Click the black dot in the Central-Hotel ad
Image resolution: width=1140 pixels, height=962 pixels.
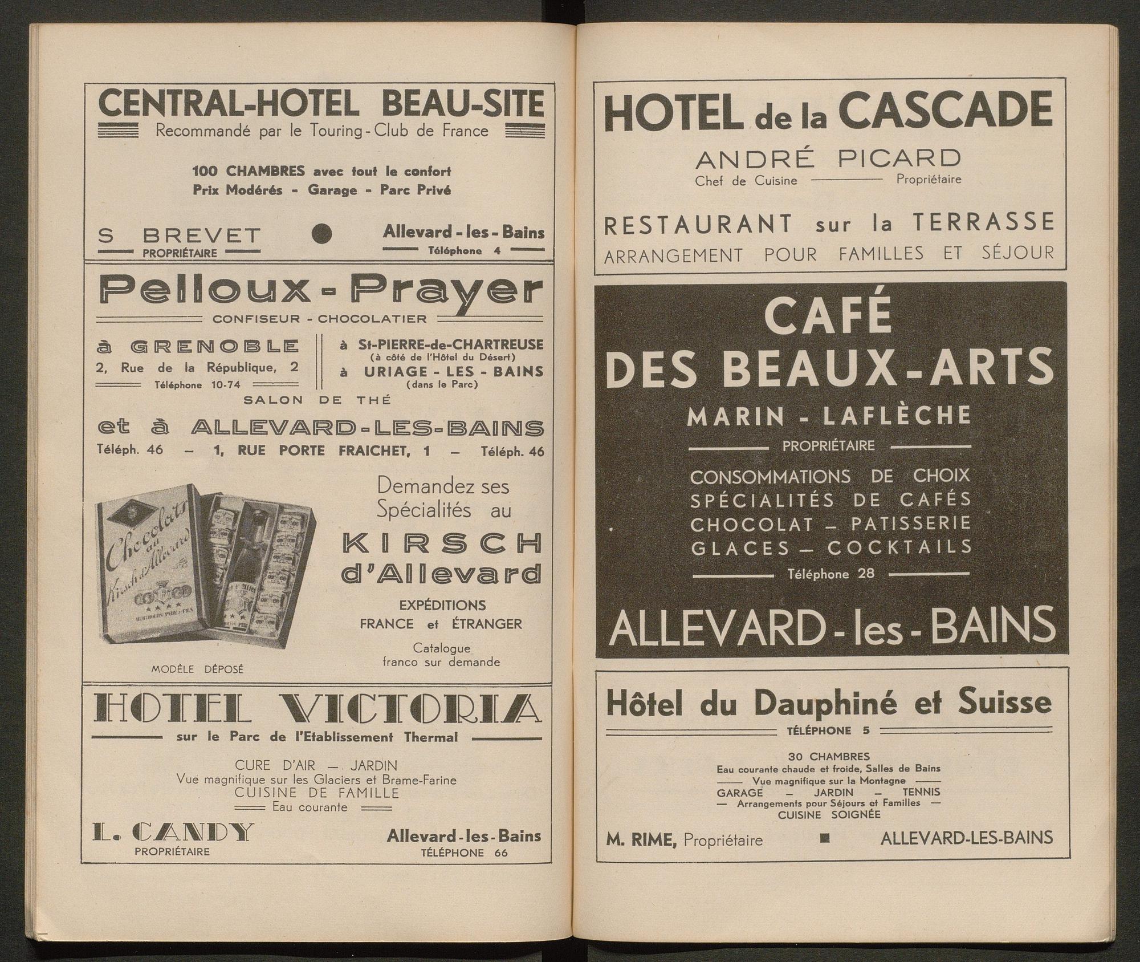[x=322, y=233]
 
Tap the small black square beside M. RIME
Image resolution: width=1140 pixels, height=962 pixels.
[x=824, y=838]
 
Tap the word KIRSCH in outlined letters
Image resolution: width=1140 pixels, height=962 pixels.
[x=442, y=545]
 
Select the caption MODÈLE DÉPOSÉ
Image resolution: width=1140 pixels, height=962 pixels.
[x=197, y=669]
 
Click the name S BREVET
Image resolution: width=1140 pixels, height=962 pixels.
[x=179, y=235]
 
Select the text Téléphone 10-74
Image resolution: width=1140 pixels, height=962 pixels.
[x=197, y=385]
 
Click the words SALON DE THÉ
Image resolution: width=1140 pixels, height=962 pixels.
[x=317, y=400]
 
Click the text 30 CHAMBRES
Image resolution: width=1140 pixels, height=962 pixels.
[x=829, y=757]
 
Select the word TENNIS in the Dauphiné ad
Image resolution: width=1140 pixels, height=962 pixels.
[x=921, y=792]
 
